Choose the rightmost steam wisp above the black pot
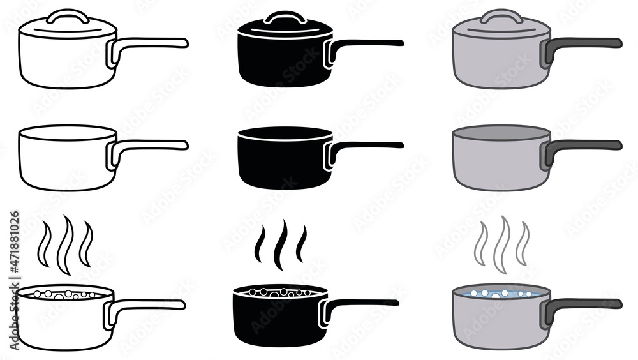point(302,244)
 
